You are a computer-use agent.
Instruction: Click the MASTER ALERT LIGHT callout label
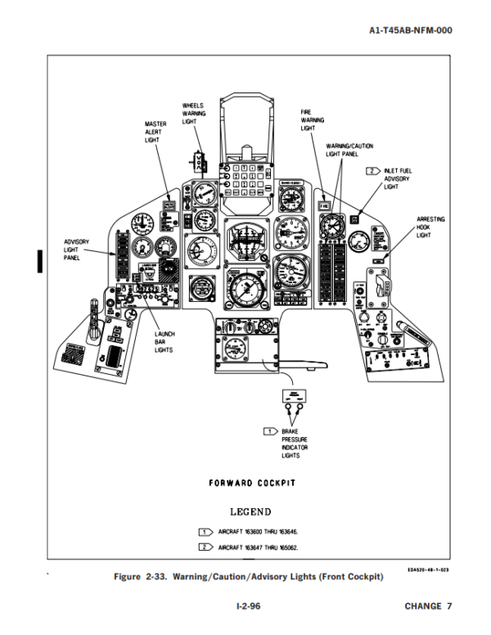(155, 132)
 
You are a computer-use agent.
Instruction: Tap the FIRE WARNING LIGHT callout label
(308, 119)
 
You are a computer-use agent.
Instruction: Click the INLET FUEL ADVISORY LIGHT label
(399, 178)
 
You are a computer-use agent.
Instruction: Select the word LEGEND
(250, 512)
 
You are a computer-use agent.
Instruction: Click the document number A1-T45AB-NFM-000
(410, 30)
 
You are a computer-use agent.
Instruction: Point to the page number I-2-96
(245, 606)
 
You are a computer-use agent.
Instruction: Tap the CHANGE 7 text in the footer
(427, 606)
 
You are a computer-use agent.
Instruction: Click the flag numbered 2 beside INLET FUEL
(372, 170)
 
